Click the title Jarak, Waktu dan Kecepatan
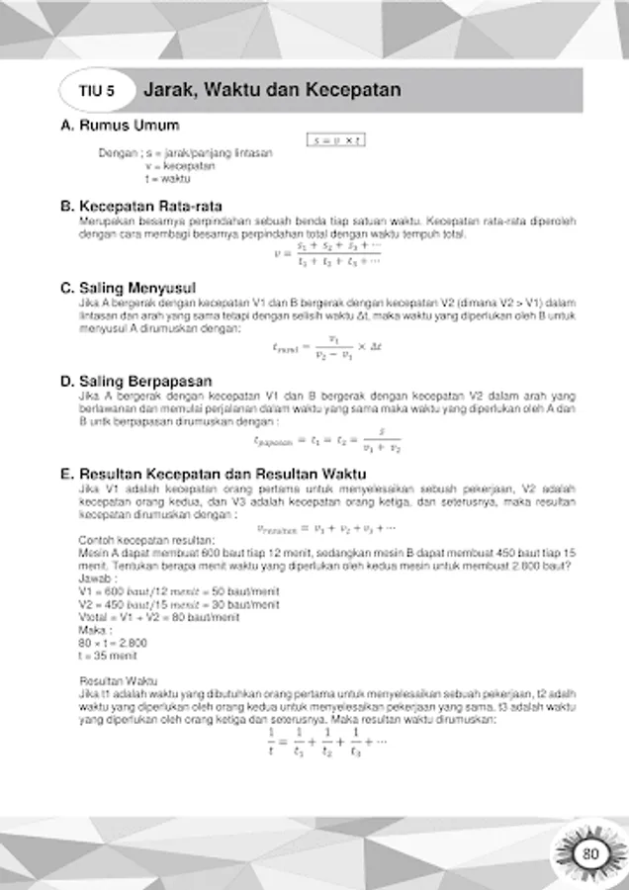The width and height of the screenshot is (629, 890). [x=272, y=90]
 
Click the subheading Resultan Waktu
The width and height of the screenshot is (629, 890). [x=110, y=681]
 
